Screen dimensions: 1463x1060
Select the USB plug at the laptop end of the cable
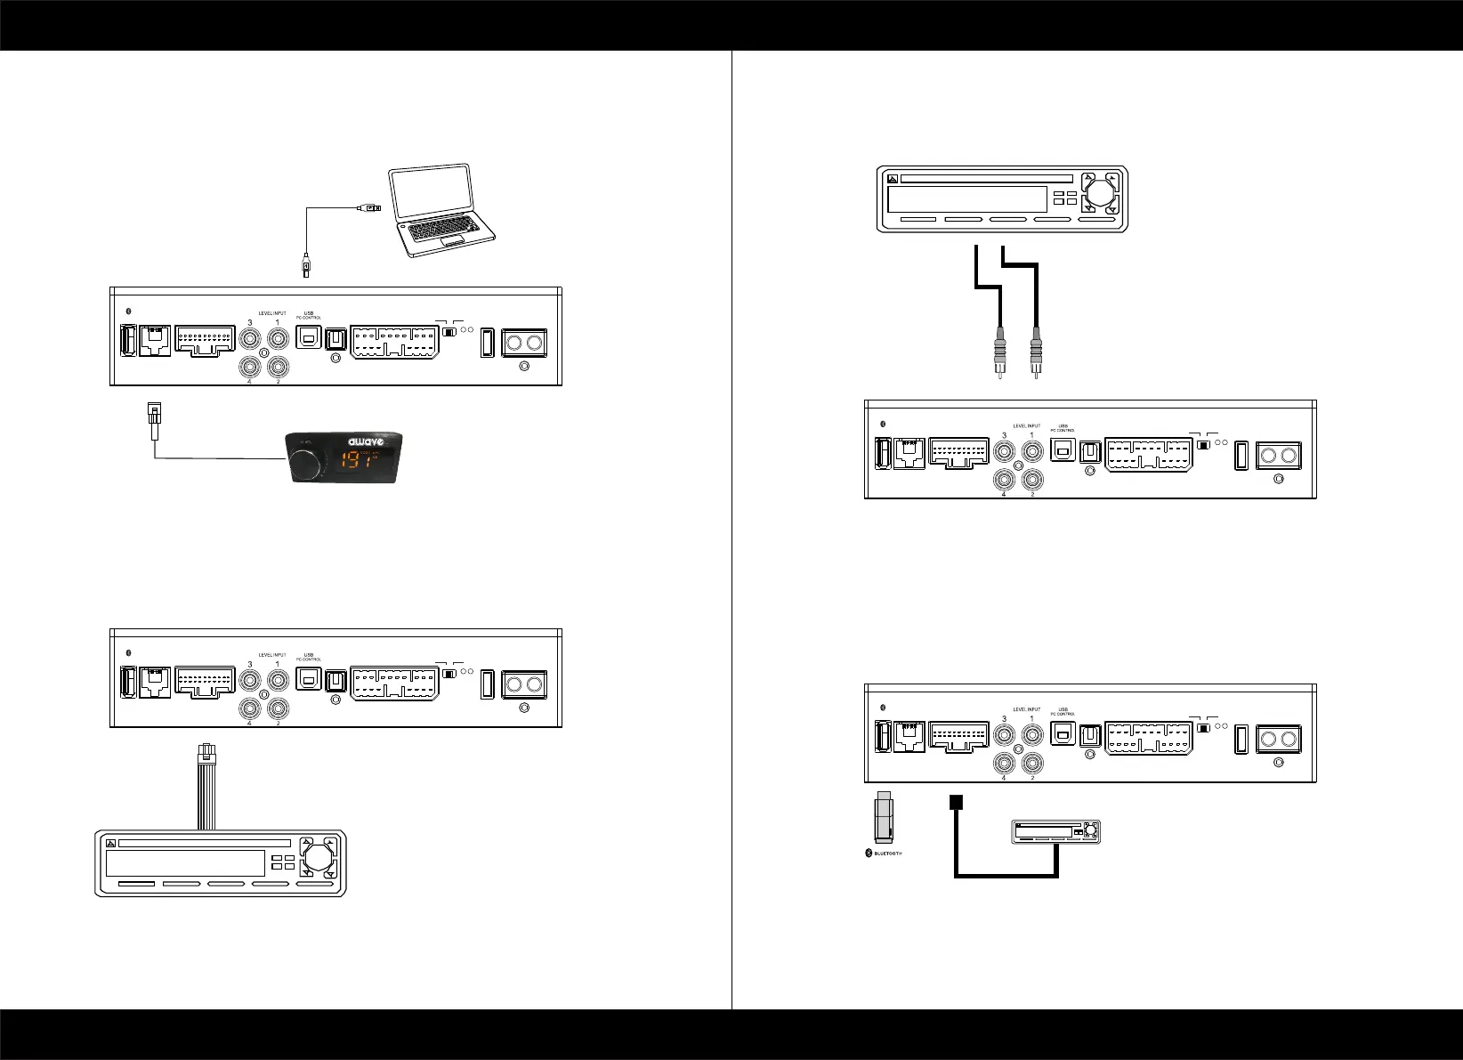click(x=369, y=209)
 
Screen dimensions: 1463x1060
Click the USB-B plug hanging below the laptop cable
click(x=305, y=264)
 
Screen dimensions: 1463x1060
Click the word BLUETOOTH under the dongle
click(x=885, y=854)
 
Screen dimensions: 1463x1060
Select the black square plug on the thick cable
click(x=957, y=801)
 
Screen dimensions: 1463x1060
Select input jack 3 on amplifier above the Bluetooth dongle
click(x=1006, y=735)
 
